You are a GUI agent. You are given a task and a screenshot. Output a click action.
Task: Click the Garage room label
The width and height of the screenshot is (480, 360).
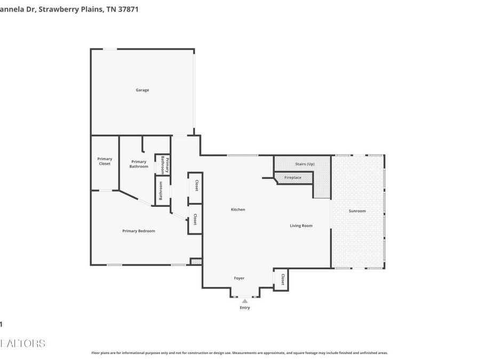[x=142, y=90]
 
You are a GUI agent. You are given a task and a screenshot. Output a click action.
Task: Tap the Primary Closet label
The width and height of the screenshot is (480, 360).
[x=105, y=161]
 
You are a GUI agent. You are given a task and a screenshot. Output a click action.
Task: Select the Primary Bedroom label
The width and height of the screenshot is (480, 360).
[x=139, y=231]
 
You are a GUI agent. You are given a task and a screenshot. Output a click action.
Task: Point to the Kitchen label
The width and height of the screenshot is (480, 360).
[x=238, y=210]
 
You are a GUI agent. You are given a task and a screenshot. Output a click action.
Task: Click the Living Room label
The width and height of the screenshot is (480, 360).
[x=301, y=226]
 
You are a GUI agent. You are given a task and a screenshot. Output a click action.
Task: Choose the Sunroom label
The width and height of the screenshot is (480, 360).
[x=357, y=211]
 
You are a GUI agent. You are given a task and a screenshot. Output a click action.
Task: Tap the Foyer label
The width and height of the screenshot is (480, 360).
[x=239, y=278]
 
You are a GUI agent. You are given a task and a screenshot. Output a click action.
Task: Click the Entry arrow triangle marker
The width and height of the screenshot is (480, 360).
[x=245, y=301]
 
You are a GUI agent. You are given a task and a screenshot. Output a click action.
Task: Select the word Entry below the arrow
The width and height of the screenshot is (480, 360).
[x=245, y=308]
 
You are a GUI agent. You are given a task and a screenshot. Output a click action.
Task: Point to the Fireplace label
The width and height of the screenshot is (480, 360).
[x=293, y=178]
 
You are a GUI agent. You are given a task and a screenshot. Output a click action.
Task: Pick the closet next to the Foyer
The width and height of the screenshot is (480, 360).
[x=282, y=280]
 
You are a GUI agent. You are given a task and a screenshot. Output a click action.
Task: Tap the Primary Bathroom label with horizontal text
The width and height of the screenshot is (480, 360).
[x=139, y=164]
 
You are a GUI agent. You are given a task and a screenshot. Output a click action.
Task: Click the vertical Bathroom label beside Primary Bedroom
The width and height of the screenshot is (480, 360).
[x=160, y=191]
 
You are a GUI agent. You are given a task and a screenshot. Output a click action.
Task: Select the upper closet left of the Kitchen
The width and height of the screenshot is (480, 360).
[x=196, y=186]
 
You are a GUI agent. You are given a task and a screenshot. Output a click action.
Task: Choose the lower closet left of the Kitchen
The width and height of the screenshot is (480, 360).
[x=195, y=219]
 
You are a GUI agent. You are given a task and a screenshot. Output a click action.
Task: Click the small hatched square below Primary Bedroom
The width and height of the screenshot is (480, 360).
[x=196, y=262]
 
